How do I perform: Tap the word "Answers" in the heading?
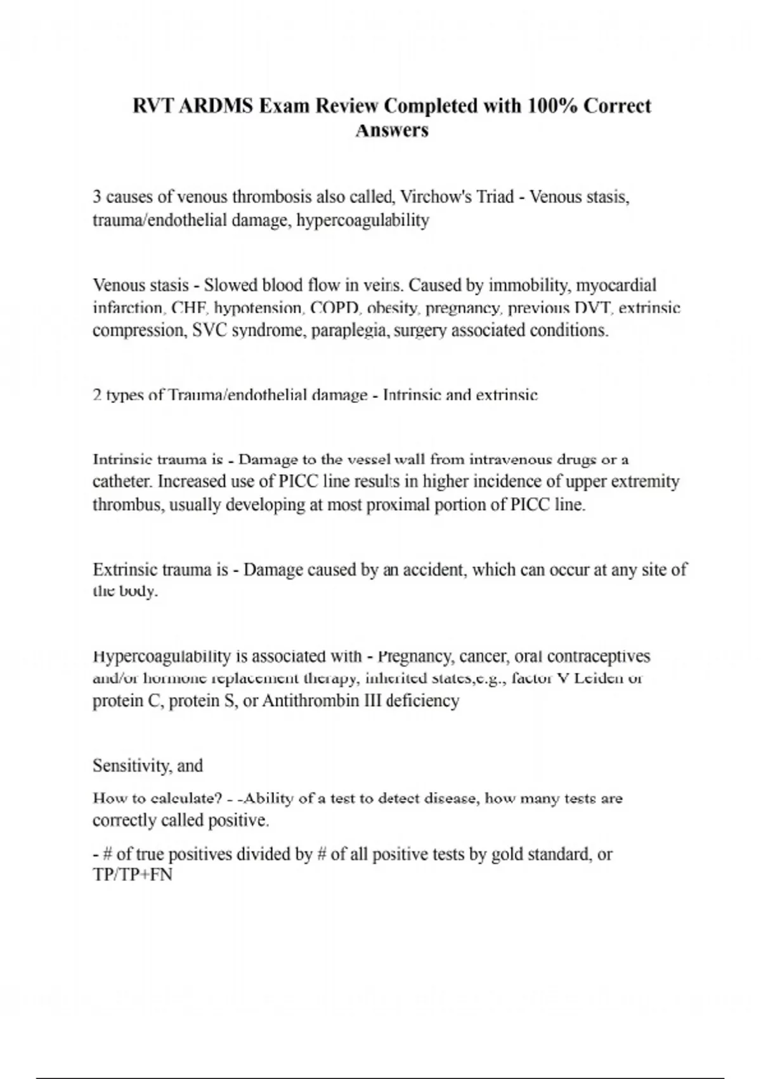point(392,130)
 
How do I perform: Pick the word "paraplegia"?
point(349,331)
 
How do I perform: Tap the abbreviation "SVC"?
point(209,331)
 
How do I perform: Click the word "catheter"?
point(122,482)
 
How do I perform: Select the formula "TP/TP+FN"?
point(133,875)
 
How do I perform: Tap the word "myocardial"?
point(616,285)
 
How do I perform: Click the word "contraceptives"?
point(598,656)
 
